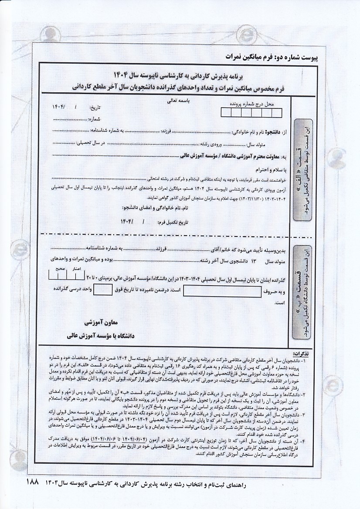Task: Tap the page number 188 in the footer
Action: point(33,483)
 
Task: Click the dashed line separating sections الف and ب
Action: point(166,234)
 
